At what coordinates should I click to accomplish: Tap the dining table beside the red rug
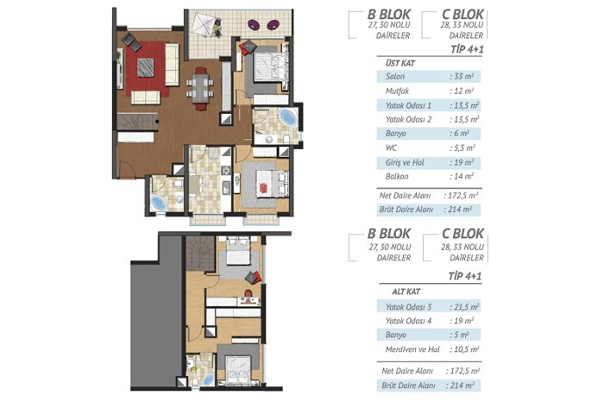(x=200, y=88)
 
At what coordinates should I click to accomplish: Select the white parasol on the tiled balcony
(x=206, y=25)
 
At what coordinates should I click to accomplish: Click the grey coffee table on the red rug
(x=146, y=67)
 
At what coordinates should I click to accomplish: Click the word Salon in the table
(x=395, y=76)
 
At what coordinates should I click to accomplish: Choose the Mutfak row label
(x=397, y=91)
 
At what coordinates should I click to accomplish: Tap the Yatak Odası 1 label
(x=408, y=105)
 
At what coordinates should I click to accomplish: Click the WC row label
(x=391, y=148)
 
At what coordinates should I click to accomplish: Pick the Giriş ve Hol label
(x=405, y=162)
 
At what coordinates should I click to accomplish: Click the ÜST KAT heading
(x=400, y=63)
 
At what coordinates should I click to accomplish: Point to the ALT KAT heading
(x=406, y=292)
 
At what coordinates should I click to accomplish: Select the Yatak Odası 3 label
(x=408, y=307)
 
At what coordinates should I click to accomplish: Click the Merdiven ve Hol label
(x=412, y=349)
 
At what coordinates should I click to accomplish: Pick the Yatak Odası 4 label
(x=408, y=321)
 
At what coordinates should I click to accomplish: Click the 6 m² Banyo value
(x=461, y=134)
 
